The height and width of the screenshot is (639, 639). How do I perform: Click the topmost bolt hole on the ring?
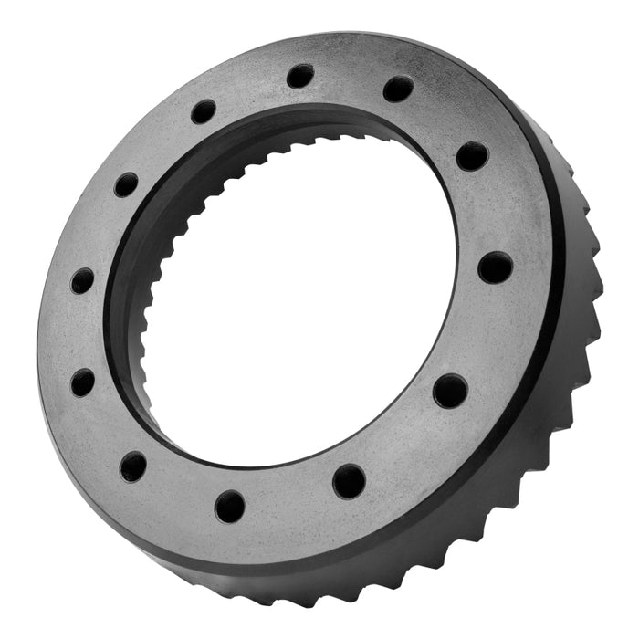click(299, 76)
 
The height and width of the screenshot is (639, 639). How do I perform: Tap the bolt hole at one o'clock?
click(398, 89)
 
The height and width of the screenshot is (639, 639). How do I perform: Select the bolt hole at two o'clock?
click(472, 156)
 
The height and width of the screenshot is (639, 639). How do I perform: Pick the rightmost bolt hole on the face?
click(494, 267)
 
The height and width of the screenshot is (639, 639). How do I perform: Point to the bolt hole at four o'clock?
click(450, 391)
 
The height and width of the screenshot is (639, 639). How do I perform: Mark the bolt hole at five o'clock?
click(349, 480)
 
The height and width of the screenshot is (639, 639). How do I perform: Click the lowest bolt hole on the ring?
click(230, 505)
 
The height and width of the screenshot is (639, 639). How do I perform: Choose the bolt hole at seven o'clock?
click(133, 466)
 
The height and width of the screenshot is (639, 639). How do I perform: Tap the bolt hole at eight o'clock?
click(83, 382)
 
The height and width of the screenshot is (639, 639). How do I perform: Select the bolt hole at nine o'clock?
click(82, 280)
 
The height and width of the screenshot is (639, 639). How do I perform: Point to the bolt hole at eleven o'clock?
click(204, 111)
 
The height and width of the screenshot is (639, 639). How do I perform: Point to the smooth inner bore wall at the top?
click(301, 128)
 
